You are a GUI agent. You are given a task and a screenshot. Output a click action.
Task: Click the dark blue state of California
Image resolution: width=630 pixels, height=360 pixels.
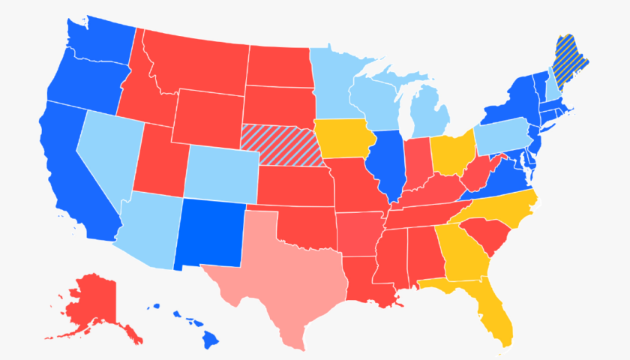point(71,176)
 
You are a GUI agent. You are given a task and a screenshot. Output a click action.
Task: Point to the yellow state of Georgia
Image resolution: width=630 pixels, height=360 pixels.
point(461,251)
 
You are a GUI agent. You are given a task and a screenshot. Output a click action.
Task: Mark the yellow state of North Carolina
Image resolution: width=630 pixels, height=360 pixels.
point(502,206)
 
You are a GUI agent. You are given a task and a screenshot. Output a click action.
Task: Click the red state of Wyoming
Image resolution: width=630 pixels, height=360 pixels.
point(206,116)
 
